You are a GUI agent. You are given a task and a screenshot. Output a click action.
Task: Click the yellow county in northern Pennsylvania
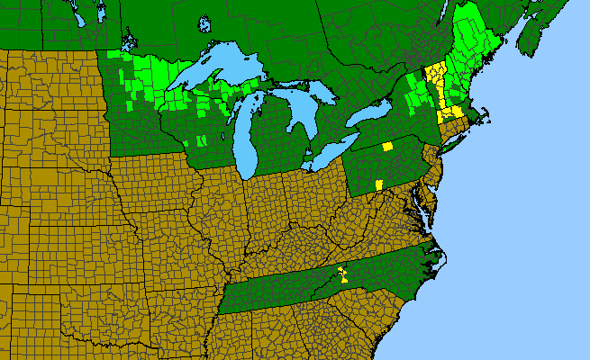tap(387, 146)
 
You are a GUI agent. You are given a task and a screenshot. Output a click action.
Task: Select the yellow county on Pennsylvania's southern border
tap(377, 184)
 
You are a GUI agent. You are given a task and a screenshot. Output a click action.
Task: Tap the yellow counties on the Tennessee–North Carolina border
tap(342, 274)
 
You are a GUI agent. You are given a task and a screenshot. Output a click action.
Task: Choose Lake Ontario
tap(370, 113)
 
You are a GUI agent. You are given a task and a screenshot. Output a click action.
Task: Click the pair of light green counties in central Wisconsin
tap(200, 140)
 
